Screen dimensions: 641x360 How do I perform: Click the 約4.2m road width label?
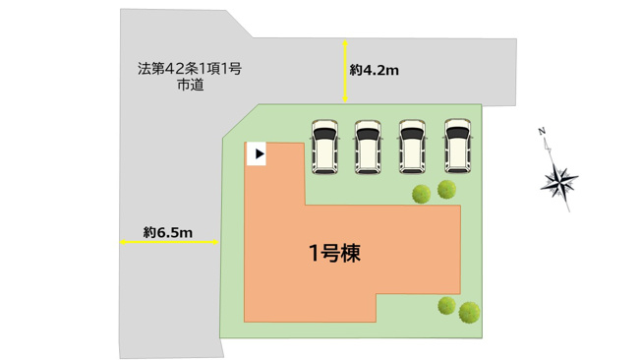point(374,71)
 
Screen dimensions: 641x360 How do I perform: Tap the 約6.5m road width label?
point(167,232)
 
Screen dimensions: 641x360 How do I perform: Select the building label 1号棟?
point(334,254)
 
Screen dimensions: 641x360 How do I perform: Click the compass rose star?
point(561,181)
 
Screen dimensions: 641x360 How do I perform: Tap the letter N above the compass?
point(542,132)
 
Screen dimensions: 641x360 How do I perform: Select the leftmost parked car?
point(324,147)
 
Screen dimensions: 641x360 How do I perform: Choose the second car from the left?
point(368,147)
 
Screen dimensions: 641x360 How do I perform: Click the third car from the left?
point(412,147)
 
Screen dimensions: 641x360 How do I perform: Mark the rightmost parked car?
point(457,147)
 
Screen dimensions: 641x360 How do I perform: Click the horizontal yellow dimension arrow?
point(167,241)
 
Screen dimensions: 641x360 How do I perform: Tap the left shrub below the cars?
point(422,193)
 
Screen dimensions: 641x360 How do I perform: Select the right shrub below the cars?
point(447,188)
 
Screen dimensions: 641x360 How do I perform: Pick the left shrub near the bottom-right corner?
point(447,305)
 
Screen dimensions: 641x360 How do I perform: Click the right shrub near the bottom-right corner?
point(470,312)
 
